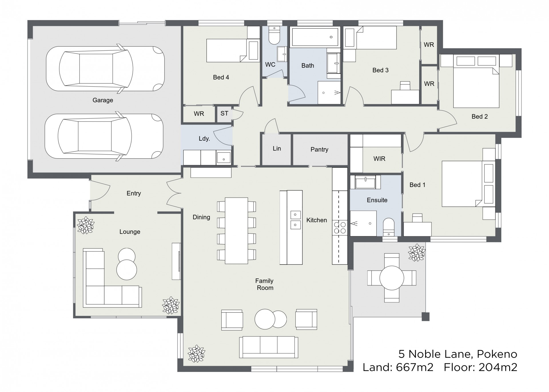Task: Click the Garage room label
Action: (103, 100)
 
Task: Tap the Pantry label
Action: (319, 149)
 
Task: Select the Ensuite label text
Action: (377, 200)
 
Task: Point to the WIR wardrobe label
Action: (379, 159)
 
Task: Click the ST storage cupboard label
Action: (224, 114)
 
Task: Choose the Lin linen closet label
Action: (277, 148)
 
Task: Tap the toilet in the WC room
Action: (274, 36)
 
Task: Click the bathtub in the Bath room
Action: (315, 37)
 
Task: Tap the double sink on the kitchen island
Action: (295, 220)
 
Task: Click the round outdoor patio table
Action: (392, 278)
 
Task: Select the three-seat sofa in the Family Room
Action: (268, 347)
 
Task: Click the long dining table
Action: (236, 231)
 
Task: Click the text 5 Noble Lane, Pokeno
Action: (458, 354)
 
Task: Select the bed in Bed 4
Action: (226, 51)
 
